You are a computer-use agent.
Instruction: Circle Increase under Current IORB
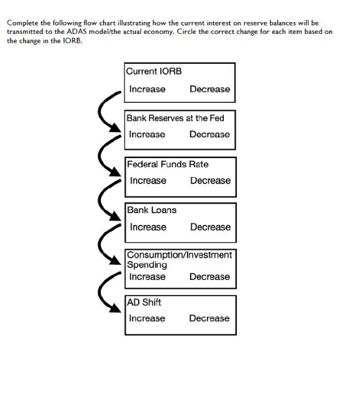(x=147, y=89)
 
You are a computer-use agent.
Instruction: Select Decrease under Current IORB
(x=210, y=89)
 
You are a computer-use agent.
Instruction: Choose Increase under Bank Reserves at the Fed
(x=147, y=135)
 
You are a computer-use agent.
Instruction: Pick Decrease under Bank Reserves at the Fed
(x=210, y=135)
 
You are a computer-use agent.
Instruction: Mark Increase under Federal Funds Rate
(x=148, y=181)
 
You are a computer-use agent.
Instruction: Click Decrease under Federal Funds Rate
(x=210, y=181)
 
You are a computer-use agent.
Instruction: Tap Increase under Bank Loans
(x=148, y=227)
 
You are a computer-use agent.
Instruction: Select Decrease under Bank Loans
(x=210, y=227)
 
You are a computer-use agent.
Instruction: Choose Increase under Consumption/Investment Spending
(x=147, y=277)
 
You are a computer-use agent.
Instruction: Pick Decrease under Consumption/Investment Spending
(x=210, y=277)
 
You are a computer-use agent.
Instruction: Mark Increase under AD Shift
(x=147, y=318)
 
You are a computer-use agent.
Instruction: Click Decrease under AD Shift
(x=210, y=318)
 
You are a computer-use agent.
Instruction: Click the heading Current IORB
(x=154, y=71)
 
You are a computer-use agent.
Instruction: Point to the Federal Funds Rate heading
(x=167, y=164)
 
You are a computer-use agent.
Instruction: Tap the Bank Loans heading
(x=151, y=210)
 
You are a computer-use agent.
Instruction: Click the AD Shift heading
(x=144, y=303)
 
